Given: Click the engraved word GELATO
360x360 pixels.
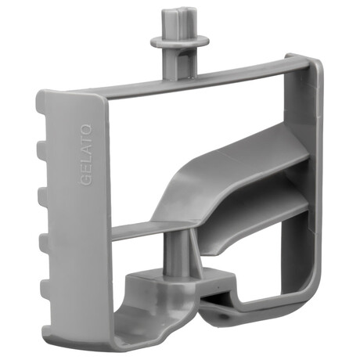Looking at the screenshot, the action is pyautogui.click(x=85, y=155).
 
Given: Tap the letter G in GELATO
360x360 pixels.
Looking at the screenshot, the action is pyautogui.click(x=85, y=180).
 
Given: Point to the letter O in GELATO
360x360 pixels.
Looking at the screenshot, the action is pyautogui.click(x=85, y=129).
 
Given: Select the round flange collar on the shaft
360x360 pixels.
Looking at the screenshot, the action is pyautogui.click(x=180, y=41).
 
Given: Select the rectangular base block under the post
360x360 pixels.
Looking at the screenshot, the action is pyautogui.click(x=180, y=283).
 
